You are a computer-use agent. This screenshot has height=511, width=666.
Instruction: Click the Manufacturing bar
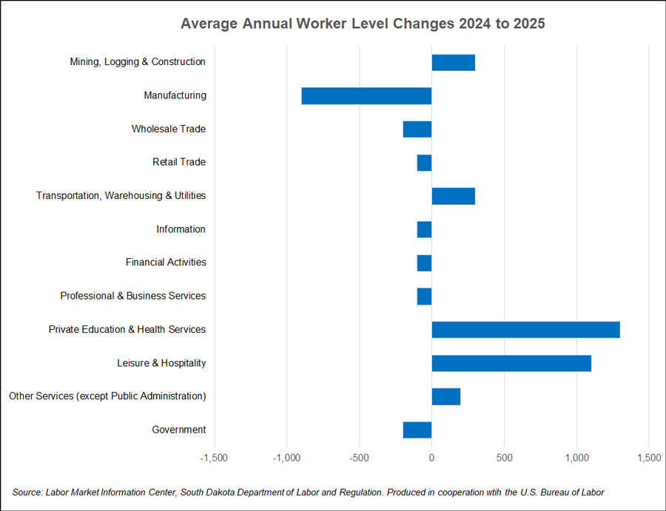tap(366, 95)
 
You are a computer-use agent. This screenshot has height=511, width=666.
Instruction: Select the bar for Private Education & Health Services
tap(525, 329)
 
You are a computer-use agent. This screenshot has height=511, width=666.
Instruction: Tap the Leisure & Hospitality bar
tap(511, 363)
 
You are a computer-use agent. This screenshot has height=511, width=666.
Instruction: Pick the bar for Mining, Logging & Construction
tap(453, 62)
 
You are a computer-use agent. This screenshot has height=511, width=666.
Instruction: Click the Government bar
tap(417, 430)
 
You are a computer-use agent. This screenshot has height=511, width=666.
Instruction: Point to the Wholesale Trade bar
tap(417, 129)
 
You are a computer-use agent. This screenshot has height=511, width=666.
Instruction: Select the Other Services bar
tap(445, 396)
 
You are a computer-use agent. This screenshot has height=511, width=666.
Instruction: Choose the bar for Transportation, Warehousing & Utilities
tap(453, 196)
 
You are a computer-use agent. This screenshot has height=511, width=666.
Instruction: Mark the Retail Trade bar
tap(424, 162)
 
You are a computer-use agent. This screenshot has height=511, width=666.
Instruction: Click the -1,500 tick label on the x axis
tap(215, 458)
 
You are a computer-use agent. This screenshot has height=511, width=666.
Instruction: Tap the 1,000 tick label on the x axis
tap(576, 458)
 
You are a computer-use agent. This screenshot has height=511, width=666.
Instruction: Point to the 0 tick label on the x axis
tap(431, 458)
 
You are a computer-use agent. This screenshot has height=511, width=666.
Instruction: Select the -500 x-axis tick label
tap(359, 458)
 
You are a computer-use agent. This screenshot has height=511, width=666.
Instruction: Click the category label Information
tap(181, 229)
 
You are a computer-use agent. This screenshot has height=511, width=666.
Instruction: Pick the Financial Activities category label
tap(166, 263)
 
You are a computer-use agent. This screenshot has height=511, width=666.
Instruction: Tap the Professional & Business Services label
tap(133, 296)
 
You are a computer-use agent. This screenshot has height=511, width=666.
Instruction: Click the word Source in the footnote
tap(27, 493)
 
